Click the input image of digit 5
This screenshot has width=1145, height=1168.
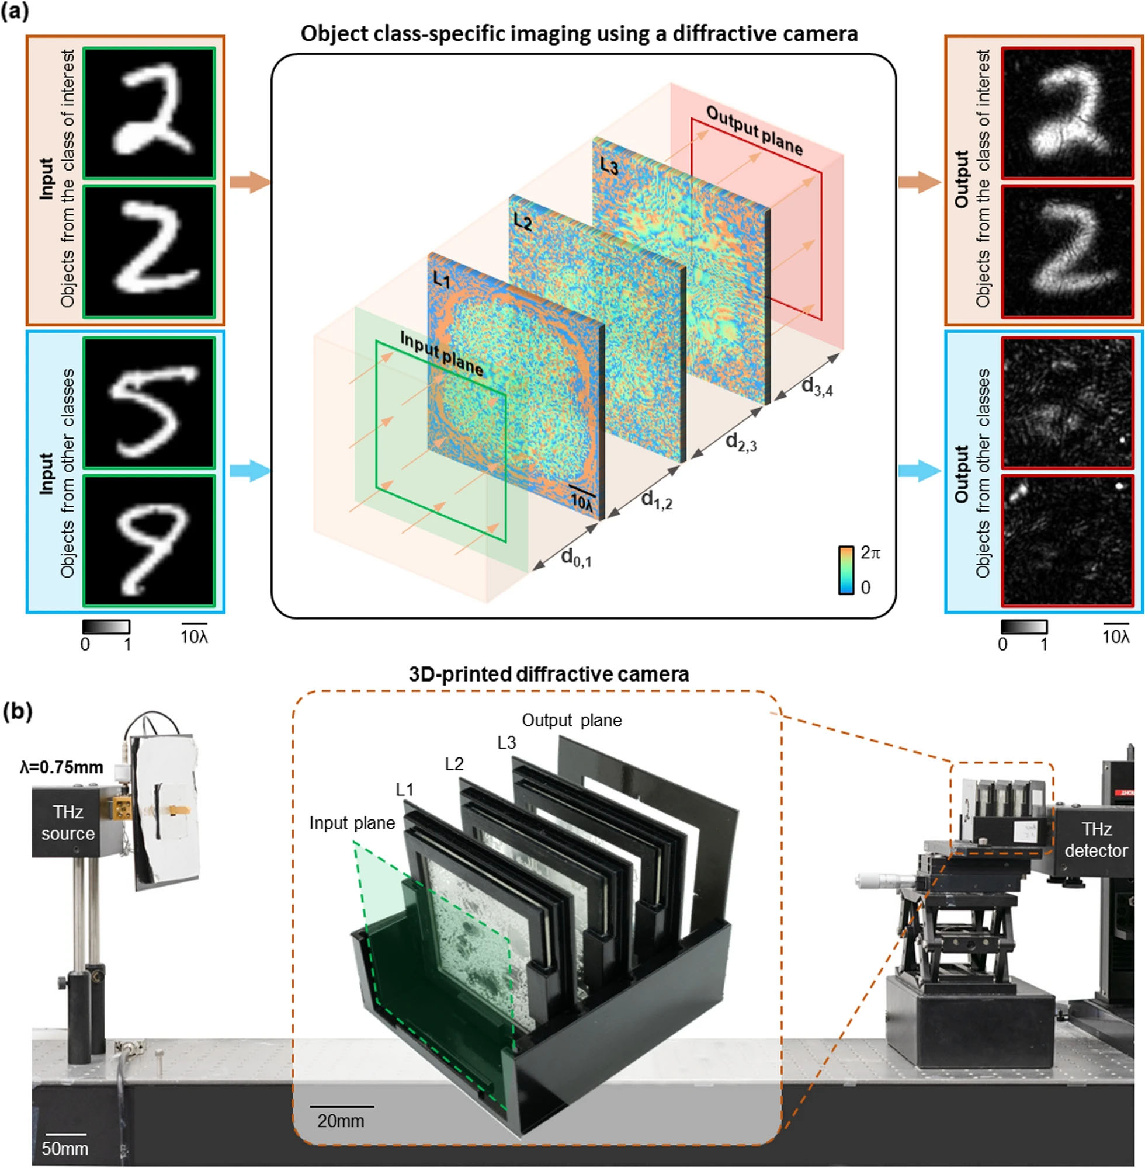tap(149, 403)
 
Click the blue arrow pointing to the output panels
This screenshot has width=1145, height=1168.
tap(919, 471)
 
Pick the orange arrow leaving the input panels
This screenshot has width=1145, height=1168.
tap(249, 182)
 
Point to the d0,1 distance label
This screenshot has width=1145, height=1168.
tap(575, 558)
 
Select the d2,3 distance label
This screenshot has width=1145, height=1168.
tap(740, 443)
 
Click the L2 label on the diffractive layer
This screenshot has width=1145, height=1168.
tap(523, 223)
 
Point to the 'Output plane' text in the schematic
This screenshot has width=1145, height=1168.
tap(754, 130)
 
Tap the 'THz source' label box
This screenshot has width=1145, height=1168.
tap(67, 823)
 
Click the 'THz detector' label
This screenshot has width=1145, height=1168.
tap(1096, 840)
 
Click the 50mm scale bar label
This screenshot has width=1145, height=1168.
tap(64, 1149)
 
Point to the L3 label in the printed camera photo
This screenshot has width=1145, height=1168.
tap(506, 743)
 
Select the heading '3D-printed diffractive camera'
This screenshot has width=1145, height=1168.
tap(549, 674)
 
